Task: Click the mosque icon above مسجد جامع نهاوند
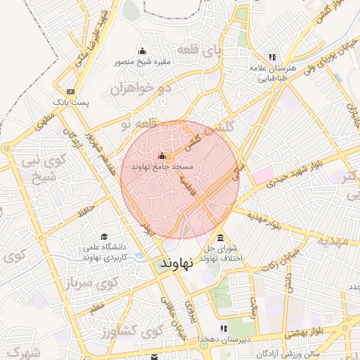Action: click(162, 156)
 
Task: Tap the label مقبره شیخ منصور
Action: click(143, 61)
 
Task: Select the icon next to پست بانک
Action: click(70, 91)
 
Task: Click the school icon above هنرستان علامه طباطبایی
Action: click(272, 58)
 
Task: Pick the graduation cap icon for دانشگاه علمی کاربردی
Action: click(104, 237)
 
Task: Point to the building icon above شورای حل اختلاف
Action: click(221, 238)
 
